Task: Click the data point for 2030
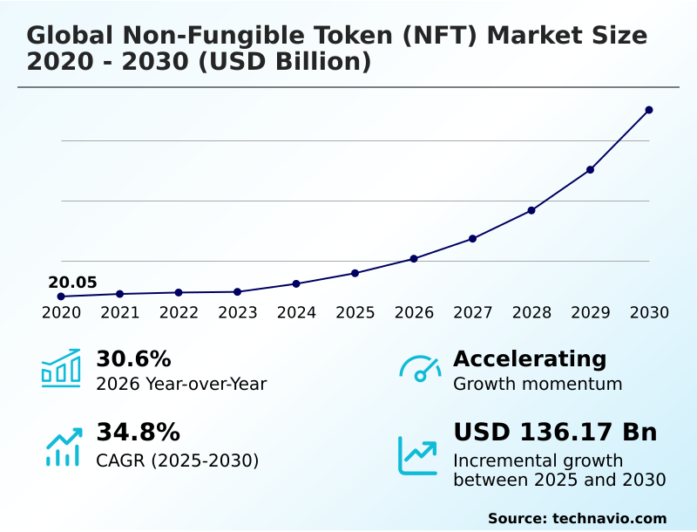[649, 110]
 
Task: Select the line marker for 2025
[355, 273]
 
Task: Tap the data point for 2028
[531, 210]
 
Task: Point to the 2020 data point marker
[61, 297]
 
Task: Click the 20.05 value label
[72, 283]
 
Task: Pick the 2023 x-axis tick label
[238, 313]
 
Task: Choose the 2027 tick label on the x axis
[473, 313]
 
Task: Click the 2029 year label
[591, 313]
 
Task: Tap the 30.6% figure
[133, 359]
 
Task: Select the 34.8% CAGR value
[138, 433]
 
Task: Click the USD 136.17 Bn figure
[555, 433]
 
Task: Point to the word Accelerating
[530, 359]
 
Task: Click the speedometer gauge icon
[420, 368]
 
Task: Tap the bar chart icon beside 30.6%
[61, 368]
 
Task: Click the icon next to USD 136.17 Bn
[418, 455]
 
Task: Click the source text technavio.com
[609, 518]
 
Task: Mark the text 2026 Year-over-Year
[181, 384]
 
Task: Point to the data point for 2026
[414, 259]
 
